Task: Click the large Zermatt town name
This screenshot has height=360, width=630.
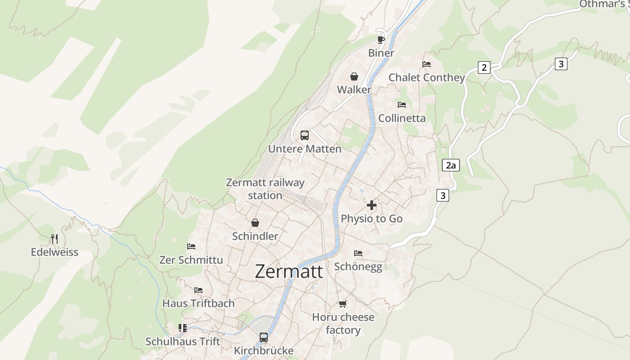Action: pos(289,271)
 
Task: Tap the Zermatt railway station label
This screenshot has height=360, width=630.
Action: pos(265,189)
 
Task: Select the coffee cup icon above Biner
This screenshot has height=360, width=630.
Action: pos(381,40)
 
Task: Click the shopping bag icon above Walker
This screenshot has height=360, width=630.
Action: pos(354,76)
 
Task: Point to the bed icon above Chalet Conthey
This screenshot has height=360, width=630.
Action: pos(427,64)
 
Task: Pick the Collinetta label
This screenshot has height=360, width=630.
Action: pos(402,118)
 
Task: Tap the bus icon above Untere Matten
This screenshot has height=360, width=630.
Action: pos(305,135)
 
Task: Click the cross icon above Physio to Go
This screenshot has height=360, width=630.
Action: pos(372,205)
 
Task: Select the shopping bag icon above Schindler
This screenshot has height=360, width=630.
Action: pos(255,223)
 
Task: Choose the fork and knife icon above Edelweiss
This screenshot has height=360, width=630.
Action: pos(54,238)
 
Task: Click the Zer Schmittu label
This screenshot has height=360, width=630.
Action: pos(191,260)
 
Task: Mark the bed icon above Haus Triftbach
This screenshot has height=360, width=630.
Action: pos(198,290)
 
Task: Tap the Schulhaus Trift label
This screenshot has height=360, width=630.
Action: pos(183,342)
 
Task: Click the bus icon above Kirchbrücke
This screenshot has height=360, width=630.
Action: pos(264,337)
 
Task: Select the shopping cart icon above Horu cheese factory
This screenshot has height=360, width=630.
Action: pos(343,304)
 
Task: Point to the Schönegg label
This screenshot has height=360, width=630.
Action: pos(358,266)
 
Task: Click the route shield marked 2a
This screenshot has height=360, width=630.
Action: pos(450,165)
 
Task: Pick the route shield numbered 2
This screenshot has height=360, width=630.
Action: pos(484,67)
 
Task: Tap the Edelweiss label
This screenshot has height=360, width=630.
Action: pos(54,252)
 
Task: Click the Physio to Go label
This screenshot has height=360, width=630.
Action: pos(372,218)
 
